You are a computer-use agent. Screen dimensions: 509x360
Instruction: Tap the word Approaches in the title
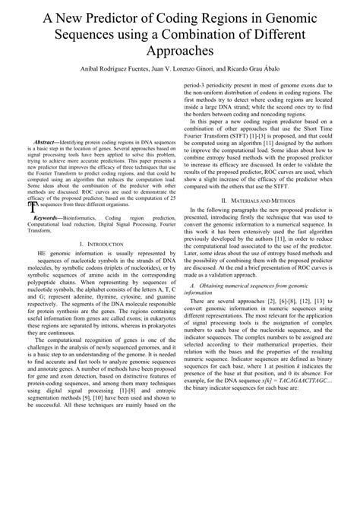[180, 50]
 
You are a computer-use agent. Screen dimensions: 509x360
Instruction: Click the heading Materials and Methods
[270, 200]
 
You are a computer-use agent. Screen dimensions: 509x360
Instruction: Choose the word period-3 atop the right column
[200, 86]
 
